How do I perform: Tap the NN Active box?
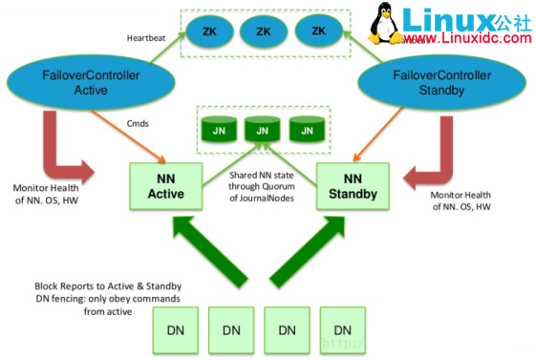[164, 187]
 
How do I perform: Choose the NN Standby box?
[353, 187]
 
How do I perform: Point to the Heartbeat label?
[151, 37]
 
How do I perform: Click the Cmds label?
[138, 122]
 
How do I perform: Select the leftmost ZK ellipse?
[209, 32]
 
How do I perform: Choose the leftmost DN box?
[176, 328]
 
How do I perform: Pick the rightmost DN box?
[343, 328]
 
